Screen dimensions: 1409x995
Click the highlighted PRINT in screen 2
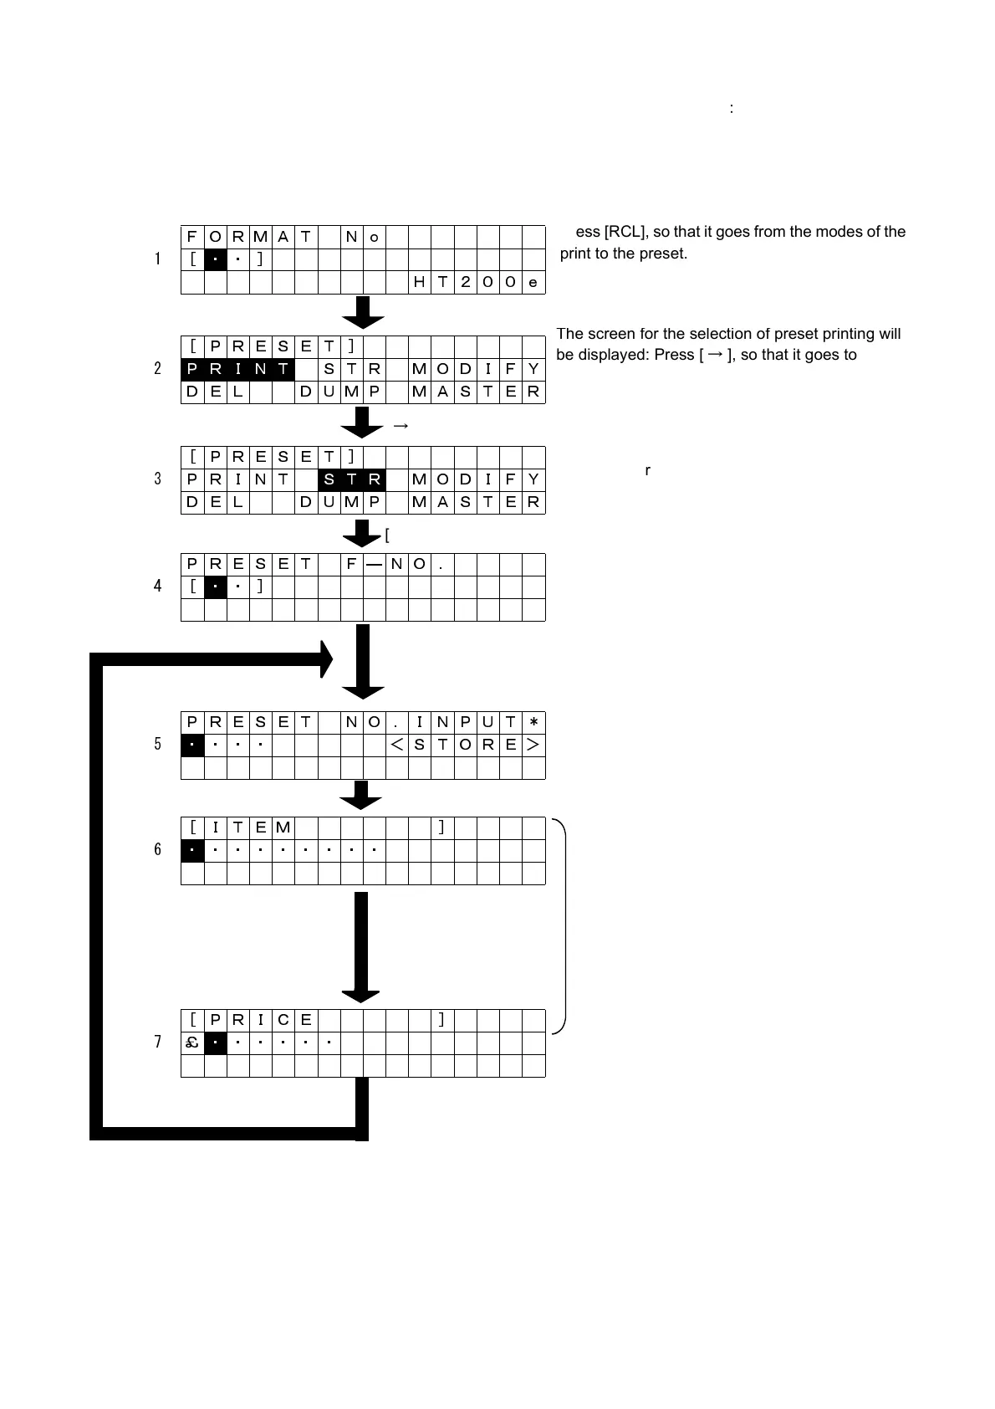pyautogui.click(x=237, y=369)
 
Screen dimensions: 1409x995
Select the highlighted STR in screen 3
pyautogui.click(x=351, y=479)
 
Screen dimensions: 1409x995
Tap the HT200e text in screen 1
pyautogui.click(x=477, y=283)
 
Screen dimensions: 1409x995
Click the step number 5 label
pyautogui.click(x=157, y=744)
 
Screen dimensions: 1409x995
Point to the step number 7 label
pyautogui.click(x=157, y=1042)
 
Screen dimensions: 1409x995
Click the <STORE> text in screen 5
pyautogui.click(x=466, y=745)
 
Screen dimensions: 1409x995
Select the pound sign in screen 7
pyautogui.click(x=192, y=1043)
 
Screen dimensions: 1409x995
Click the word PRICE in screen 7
pyautogui.click(x=261, y=1020)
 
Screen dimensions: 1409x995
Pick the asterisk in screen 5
pyautogui.click(x=533, y=722)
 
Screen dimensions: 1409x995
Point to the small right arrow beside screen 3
pyautogui.click(x=401, y=426)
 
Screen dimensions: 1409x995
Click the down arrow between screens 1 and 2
pyautogui.click(x=363, y=312)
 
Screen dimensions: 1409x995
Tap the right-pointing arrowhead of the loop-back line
pyautogui.click(x=325, y=659)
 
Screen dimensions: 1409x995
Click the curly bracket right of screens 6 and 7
pyautogui.click(x=561, y=926)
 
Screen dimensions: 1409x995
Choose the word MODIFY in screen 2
pyautogui.click(x=477, y=369)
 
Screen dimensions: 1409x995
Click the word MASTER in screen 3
pyautogui.click(x=477, y=502)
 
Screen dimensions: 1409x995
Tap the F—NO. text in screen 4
pyautogui.click(x=396, y=564)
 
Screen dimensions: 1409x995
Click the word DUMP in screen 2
pyautogui.click(x=340, y=392)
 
